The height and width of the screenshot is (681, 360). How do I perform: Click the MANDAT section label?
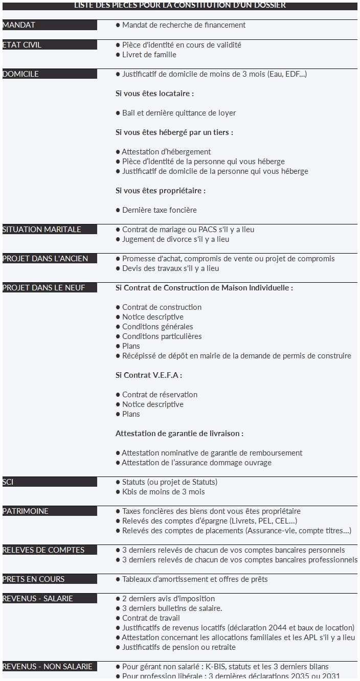tap(19, 25)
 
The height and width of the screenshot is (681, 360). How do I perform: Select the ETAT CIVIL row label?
tap(22, 45)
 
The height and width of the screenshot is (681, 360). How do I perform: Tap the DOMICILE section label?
tap(21, 74)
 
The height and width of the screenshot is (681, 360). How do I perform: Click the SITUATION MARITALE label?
tap(42, 230)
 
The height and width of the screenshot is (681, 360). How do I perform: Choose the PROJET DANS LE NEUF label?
tap(44, 288)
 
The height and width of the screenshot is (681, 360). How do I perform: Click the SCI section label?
tap(8, 482)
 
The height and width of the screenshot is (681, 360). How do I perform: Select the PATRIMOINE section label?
tap(26, 511)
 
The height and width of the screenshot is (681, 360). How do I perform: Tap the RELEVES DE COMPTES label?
tap(43, 550)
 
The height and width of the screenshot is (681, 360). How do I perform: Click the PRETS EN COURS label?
tap(34, 579)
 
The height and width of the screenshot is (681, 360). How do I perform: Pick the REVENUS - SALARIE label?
tap(38, 599)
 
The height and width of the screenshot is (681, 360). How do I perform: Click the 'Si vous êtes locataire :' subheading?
tap(154, 94)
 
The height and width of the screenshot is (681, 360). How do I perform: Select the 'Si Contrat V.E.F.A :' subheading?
tap(149, 375)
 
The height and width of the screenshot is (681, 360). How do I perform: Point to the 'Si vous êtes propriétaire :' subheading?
tap(161, 191)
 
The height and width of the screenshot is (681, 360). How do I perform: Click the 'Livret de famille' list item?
tap(149, 55)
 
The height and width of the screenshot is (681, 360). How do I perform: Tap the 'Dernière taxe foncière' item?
tap(159, 210)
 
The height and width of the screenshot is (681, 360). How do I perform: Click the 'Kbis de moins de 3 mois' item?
tap(163, 492)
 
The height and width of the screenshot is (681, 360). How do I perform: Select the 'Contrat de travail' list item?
tap(151, 618)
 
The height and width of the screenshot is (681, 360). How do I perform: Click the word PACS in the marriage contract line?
tap(208, 230)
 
